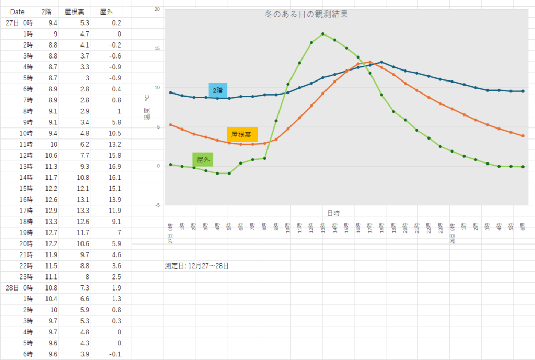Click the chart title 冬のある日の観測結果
point(307,15)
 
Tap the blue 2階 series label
point(217,91)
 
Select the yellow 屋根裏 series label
point(242,134)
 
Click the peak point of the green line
point(323,34)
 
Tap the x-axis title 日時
point(333,213)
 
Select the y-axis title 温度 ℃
point(147,107)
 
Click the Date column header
point(17,12)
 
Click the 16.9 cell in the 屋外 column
point(113,166)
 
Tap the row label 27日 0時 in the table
point(19,23)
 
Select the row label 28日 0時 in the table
point(19,287)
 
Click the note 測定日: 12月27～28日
point(196,265)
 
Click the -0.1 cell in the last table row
point(113,354)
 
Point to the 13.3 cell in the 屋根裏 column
point(82,210)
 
